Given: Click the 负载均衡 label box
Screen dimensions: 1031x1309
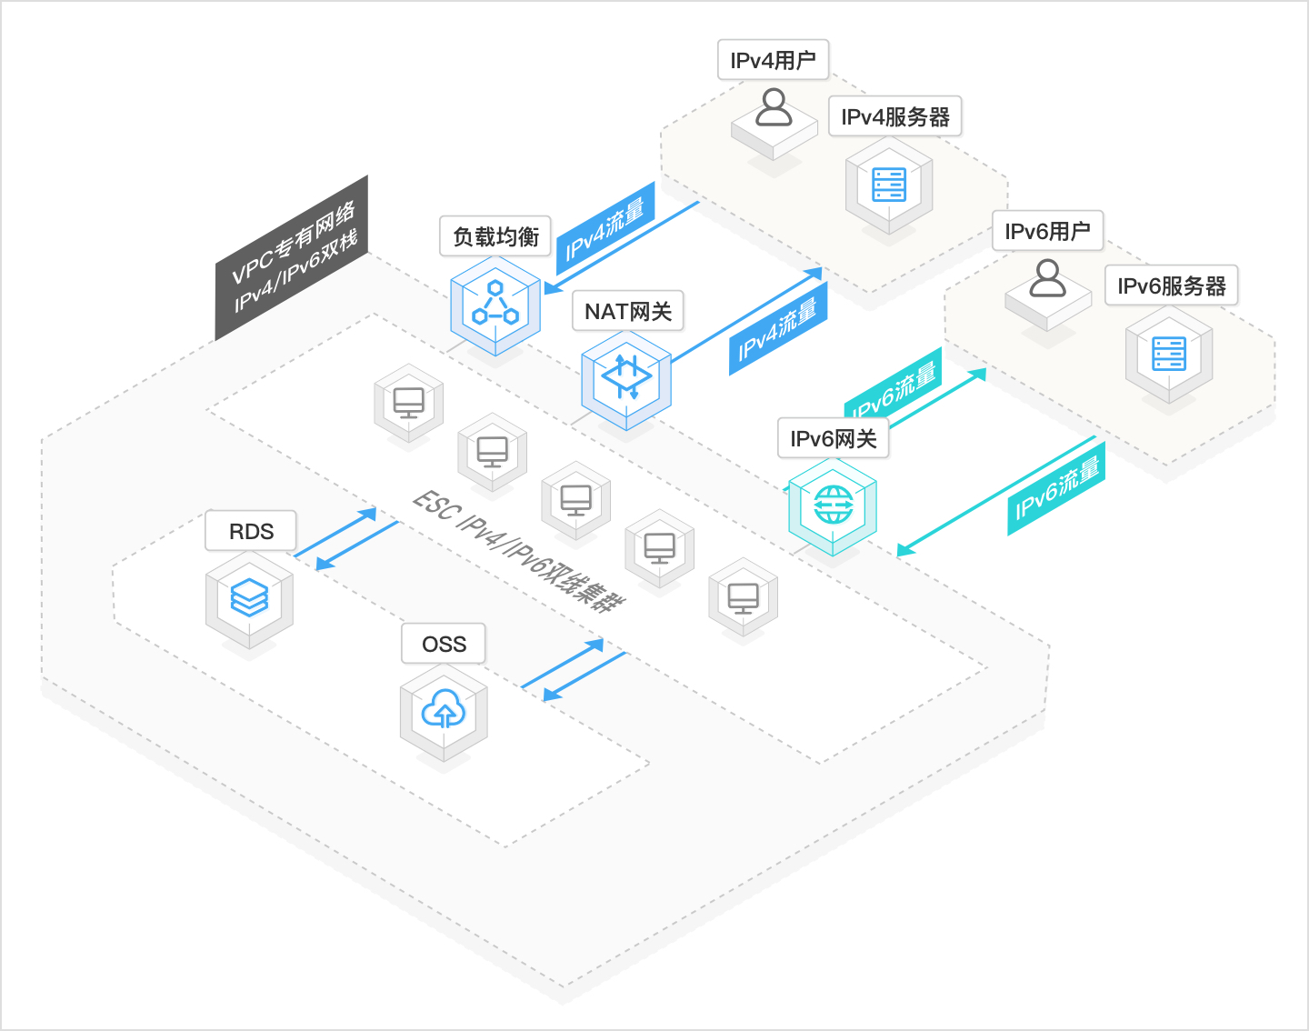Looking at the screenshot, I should pyautogui.click(x=495, y=236).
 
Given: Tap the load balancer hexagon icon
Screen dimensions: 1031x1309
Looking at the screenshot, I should pyautogui.click(x=495, y=305).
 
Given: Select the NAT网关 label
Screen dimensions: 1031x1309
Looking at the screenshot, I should pyautogui.click(x=628, y=311).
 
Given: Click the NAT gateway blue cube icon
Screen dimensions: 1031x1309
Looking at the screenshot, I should pyautogui.click(x=626, y=378).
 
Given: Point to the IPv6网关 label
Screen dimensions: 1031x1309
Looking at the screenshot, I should pyautogui.click(x=833, y=438).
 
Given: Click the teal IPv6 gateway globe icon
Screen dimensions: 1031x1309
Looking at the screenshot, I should pyautogui.click(x=833, y=505).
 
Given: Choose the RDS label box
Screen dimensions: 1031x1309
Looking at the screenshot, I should pyautogui.click(x=251, y=531).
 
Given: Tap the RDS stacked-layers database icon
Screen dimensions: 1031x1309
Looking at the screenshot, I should pyautogui.click(x=249, y=598).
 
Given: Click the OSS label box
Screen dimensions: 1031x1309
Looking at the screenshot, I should pyautogui.click(x=444, y=644).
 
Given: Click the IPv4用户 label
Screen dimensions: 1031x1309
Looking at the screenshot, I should pyautogui.click(x=773, y=60).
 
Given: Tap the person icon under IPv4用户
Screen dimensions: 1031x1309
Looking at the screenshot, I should pyautogui.click(x=774, y=108).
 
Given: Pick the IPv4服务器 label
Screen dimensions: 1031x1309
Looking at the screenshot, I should pyautogui.click(x=894, y=116).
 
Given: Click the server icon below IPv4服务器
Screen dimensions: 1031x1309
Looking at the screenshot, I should pyautogui.click(x=889, y=185).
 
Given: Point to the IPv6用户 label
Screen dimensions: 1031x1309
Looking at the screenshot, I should pyautogui.click(x=1047, y=231).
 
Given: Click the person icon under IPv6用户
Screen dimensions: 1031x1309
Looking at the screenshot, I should pyautogui.click(x=1047, y=279).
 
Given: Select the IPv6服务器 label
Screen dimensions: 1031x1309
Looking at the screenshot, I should pyautogui.click(x=1171, y=285).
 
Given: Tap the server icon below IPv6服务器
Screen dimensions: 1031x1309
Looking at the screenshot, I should pyautogui.click(x=1169, y=354).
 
